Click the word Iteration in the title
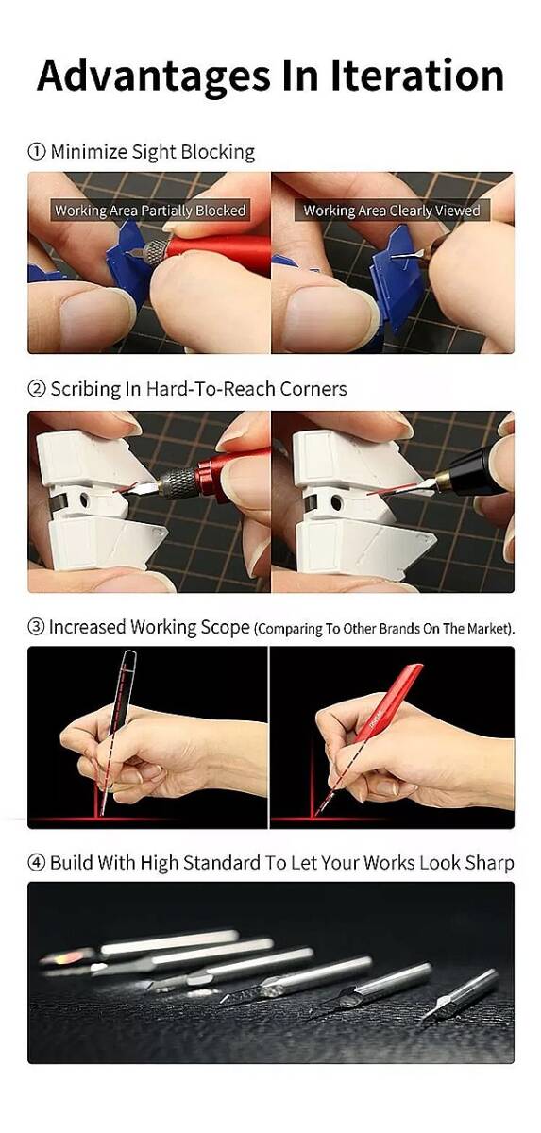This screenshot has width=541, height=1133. point(417,76)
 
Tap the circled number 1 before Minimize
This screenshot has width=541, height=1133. point(37,152)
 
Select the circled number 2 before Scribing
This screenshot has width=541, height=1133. point(37,389)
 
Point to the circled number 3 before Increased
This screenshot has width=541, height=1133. point(37,627)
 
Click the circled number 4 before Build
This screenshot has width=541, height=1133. point(37,863)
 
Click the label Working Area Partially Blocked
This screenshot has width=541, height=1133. point(150,211)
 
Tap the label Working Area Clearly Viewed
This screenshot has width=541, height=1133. point(392,211)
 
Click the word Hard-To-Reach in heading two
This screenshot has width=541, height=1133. point(211,389)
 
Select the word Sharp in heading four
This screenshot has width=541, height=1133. point(489,863)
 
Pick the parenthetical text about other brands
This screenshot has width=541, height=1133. point(384,629)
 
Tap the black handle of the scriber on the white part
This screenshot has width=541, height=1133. point(479,470)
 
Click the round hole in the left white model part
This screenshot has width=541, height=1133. point(84,500)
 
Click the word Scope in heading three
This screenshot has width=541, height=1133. point(225,628)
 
